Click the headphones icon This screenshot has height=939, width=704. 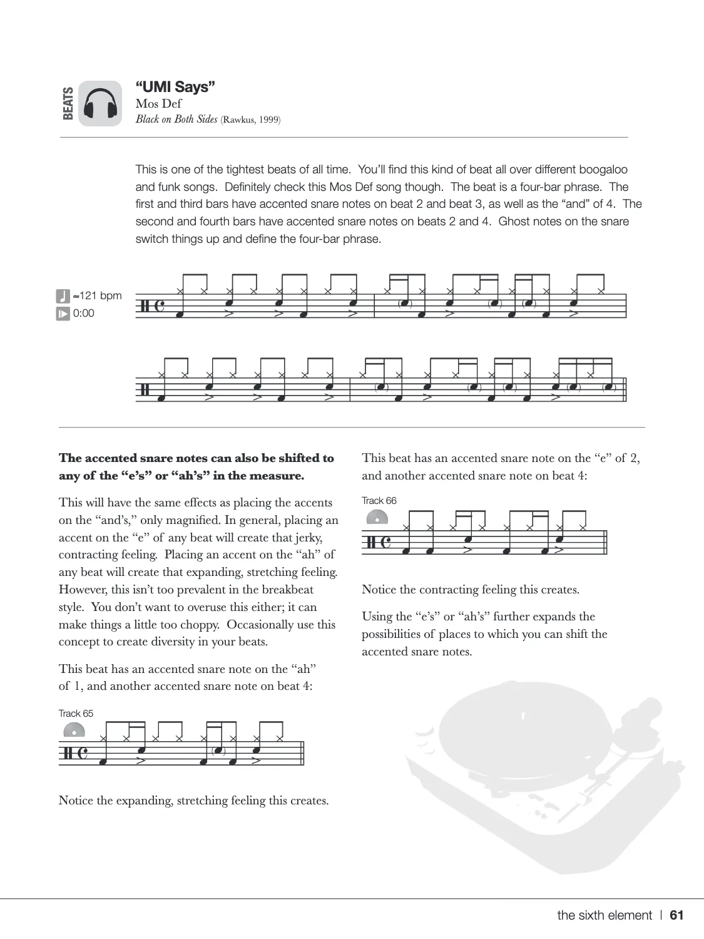100,103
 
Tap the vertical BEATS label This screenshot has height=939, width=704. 68,103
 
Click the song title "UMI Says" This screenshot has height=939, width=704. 175,87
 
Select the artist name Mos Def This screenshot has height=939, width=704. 158,104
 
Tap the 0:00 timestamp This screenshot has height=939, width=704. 84,313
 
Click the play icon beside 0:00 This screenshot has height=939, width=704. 63,314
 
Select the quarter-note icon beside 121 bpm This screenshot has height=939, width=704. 63,295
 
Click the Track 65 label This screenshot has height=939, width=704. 76,713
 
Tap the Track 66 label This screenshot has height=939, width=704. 379,500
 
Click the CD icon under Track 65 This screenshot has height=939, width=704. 74,730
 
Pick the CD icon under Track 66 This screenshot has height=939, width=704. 377,517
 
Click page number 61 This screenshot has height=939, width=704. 676,915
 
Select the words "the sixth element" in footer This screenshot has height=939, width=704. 605,915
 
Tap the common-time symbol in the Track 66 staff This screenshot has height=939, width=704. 385,543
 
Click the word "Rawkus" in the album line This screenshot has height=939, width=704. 238,120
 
